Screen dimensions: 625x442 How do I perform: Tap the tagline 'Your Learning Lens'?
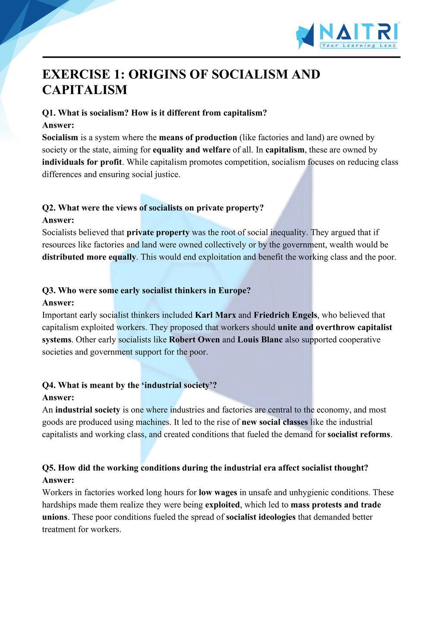pyautogui.click(x=358, y=45)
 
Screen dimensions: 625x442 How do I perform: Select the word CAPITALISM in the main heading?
pyautogui.click(x=85, y=90)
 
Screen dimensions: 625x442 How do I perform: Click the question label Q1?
pyautogui.click(x=49, y=113)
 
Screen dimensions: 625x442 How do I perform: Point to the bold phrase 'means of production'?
pyautogui.click(x=198, y=138)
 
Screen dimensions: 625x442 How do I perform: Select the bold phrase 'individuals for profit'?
pyautogui.click(x=82, y=162)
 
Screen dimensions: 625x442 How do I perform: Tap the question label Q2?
pyautogui.click(x=49, y=208)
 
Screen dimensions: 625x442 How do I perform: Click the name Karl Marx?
pyautogui.click(x=215, y=315)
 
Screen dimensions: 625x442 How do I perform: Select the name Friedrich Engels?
pyautogui.click(x=285, y=315)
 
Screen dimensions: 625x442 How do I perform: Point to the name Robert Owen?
pyautogui.click(x=194, y=340)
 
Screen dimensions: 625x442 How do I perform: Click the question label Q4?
pyautogui.click(x=49, y=385)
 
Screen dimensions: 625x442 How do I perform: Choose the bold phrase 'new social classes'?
pyautogui.click(x=275, y=422)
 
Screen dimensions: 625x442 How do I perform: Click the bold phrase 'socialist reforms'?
pyautogui.click(x=359, y=435)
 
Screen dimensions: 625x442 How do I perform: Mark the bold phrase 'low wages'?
pyautogui.click(x=218, y=493)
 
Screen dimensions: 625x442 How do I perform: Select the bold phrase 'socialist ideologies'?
pyautogui.click(x=261, y=517)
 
